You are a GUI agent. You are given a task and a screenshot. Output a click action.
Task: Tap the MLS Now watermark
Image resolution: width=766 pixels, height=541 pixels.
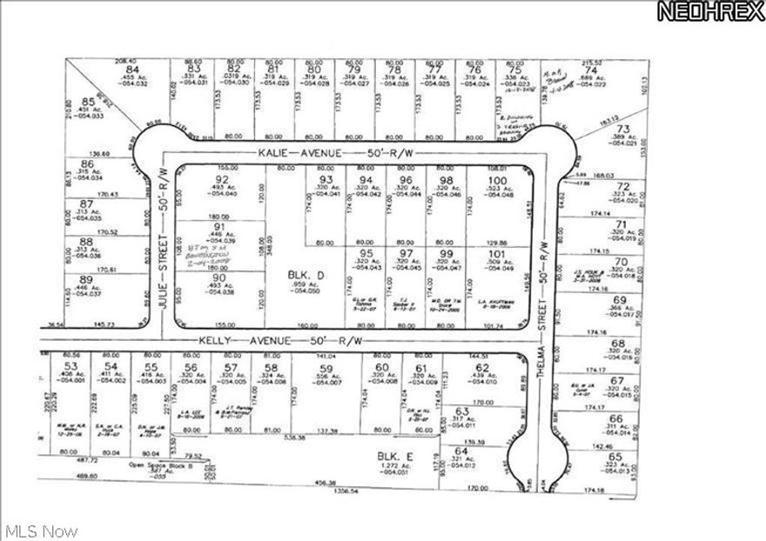point(41,530)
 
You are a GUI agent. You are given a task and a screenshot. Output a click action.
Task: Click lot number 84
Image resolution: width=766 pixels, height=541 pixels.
point(132,70)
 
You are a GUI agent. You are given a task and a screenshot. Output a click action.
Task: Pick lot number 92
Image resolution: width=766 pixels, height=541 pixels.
point(221,180)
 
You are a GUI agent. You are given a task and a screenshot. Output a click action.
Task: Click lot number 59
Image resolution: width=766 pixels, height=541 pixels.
point(326,368)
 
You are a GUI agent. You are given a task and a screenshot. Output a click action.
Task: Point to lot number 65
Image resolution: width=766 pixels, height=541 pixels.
point(616,457)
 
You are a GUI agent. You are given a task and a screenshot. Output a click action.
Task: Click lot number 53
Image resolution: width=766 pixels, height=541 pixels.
point(72,368)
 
